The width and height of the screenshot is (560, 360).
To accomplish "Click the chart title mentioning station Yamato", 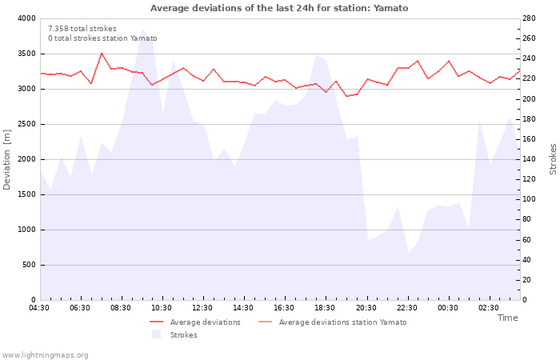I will (279, 8).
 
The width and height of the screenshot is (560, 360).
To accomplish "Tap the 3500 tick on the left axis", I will (25, 54).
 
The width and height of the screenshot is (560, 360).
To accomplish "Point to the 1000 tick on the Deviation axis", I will (25, 230).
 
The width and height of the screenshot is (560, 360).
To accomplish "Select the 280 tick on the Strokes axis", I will (530, 18).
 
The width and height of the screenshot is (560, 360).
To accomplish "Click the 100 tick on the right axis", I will (530, 199).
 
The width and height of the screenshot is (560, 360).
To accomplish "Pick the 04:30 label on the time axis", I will (39, 308).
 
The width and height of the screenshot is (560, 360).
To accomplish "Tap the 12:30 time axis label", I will (202, 308).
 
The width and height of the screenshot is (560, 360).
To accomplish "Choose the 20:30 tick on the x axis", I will (366, 308).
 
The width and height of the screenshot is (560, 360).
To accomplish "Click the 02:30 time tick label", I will (488, 308).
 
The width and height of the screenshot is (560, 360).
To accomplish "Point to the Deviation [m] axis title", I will (8, 159).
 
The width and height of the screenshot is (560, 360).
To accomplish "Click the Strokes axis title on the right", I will (553, 159).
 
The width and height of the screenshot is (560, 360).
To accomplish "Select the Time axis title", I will (507, 318).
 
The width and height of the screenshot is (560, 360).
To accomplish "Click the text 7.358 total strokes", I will (82, 29).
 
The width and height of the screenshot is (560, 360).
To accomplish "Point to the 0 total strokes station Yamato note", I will (102, 38).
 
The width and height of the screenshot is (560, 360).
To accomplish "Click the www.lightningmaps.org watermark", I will (45, 355).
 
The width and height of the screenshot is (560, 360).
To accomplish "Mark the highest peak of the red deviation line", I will (102, 53).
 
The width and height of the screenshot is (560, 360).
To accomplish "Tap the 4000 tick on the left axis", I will (25, 18).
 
